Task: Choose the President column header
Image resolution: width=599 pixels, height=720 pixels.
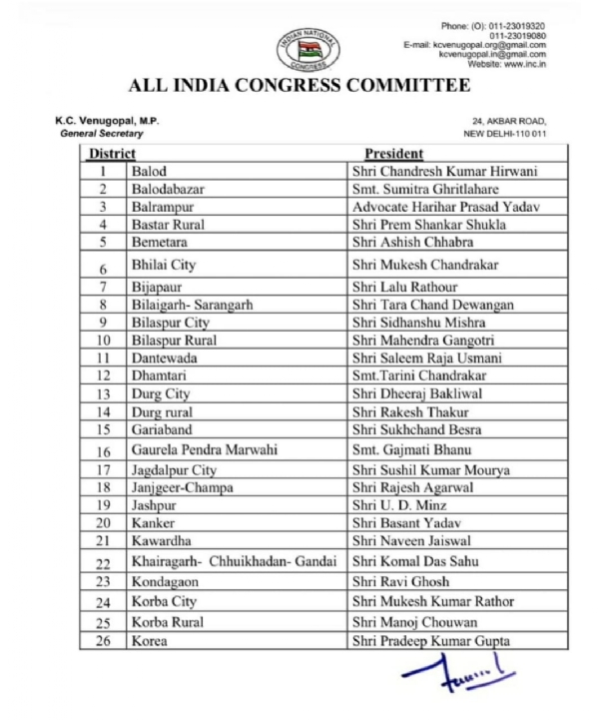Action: [x=393, y=154]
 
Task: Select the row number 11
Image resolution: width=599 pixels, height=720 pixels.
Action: [x=103, y=359]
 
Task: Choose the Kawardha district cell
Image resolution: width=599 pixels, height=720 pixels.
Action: [x=161, y=541]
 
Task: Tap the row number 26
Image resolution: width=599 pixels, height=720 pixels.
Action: [x=103, y=640]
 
